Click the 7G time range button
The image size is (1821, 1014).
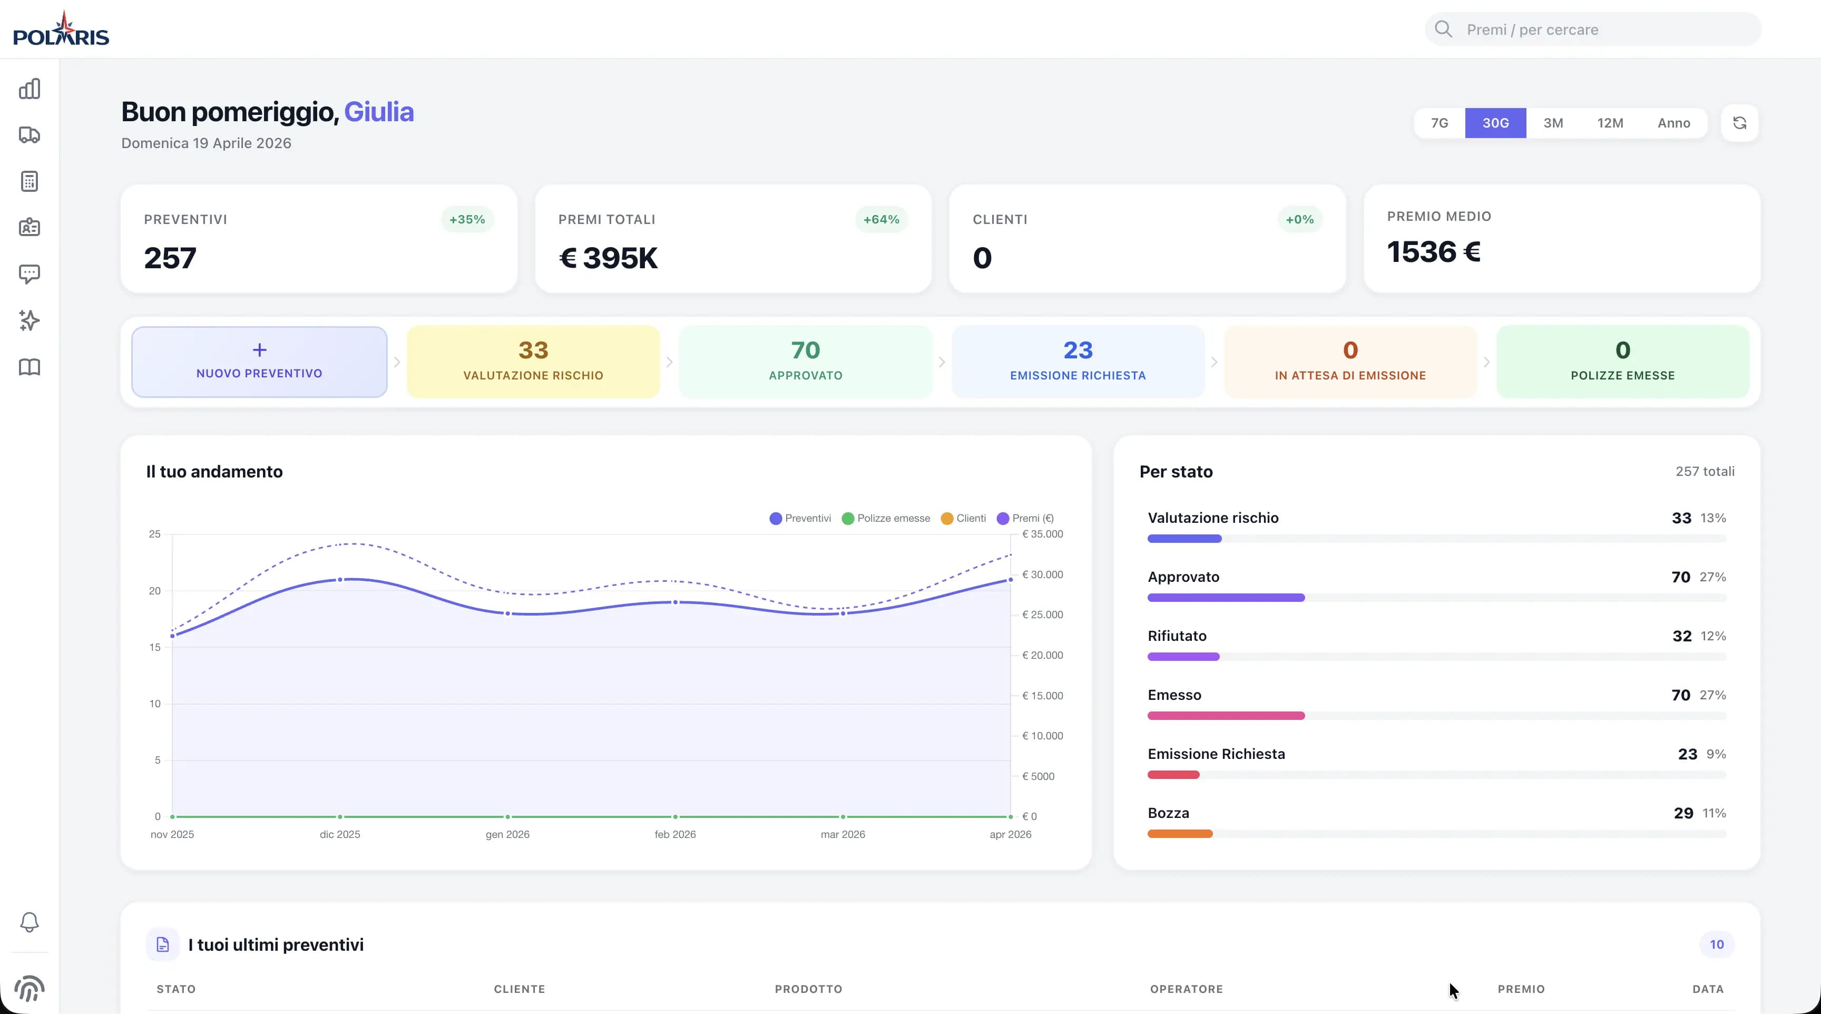click(x=1440, y=123)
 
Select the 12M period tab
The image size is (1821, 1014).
click(x=1610, y=123)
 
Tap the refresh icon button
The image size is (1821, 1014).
click(x=1739, y=123)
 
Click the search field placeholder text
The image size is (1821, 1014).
click(x=1532, y=30)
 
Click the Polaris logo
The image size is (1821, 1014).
click(x=62, y=30)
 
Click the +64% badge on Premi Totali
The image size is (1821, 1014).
click(x=881, y=219)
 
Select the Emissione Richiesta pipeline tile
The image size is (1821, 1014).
click(x=1078, y=362)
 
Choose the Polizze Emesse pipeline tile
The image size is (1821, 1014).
click(x=1622, y=362)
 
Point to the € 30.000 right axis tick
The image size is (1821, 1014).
click(x=1042, y=574)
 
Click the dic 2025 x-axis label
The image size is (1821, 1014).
click(x=339, y=834)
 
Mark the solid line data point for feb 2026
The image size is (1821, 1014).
click(x=675, y=602)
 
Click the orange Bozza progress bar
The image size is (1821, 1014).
click(x=1180, y=834)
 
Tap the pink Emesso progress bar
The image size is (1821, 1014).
click(x=1226, y=716)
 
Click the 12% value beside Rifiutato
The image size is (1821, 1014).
click(x=1713, y=636)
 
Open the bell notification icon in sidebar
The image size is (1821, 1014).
click(x=29, y=922)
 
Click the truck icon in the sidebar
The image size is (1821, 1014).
click(x=29, y=135)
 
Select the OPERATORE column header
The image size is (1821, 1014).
click(x=1186, y=989)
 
